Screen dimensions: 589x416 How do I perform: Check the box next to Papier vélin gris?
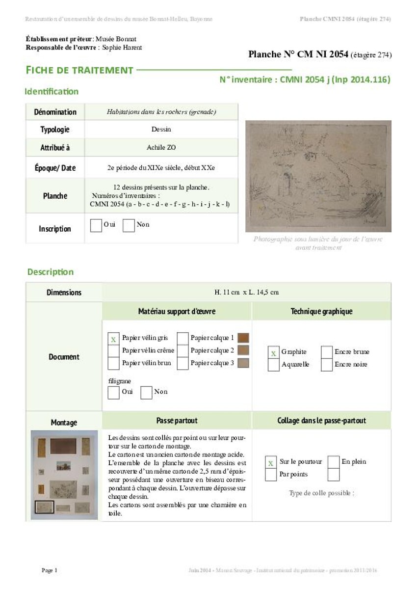tap(113, 338)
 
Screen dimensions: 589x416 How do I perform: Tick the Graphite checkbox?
tap(273, 352)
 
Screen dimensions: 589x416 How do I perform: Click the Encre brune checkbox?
tap(327, 352)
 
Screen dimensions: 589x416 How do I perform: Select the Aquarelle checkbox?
tap(273, 365)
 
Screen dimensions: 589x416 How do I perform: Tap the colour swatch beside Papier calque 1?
tap(243, 338)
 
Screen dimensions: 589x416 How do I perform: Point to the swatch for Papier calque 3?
tap(243, 363)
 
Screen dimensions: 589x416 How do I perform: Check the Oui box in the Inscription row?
tap(96, 225)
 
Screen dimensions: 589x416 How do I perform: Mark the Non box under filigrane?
tap(146, 392)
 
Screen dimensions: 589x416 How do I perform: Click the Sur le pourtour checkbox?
tap(271, 462)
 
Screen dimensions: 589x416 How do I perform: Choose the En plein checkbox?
tap(334, 462)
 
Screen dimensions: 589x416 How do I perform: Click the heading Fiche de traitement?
tap(79, 70)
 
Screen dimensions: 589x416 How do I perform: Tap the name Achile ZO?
tap(161, 148)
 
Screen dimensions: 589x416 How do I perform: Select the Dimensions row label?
tap(64, 293)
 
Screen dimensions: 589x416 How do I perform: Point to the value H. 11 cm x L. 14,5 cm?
tap(247, 293)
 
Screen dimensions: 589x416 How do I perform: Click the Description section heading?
tap(51, 272)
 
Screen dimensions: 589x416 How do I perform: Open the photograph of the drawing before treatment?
tap(318, 176)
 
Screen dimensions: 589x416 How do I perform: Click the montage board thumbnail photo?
tap(65, 475)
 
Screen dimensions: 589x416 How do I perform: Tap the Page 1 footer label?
tap(50, 570)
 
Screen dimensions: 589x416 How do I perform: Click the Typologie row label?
tap(55, 130)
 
